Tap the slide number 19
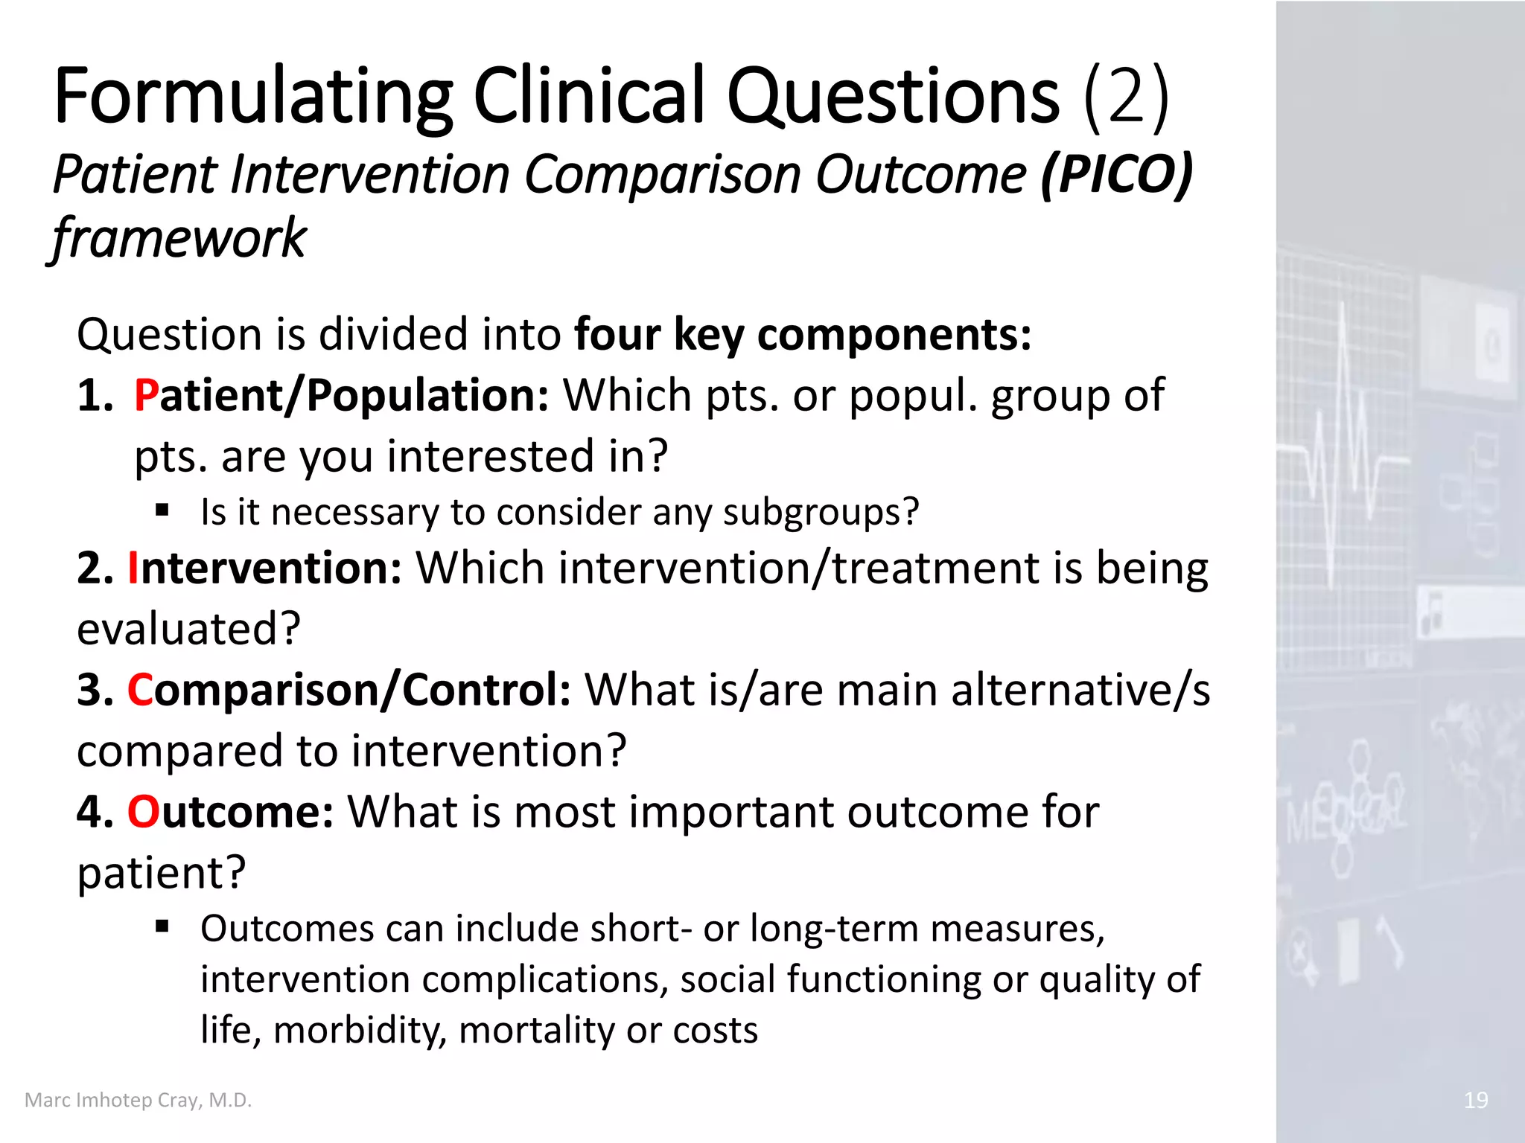pyautogui.click(x=1475, y=1100)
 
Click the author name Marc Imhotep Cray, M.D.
pyautogui.click(x=139, y=1100)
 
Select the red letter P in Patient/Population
pyautogui.click(x=146, y=395)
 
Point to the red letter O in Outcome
pyautogui.click(x=143, y=812)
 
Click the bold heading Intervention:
pyautogui.click(x=264, y=569)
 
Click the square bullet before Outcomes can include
pyautogui.click(x=163, y=926)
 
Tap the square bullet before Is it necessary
pyautogui.click(x=163, y=510)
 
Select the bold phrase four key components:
pyautogui.click(x=803, y=335)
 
